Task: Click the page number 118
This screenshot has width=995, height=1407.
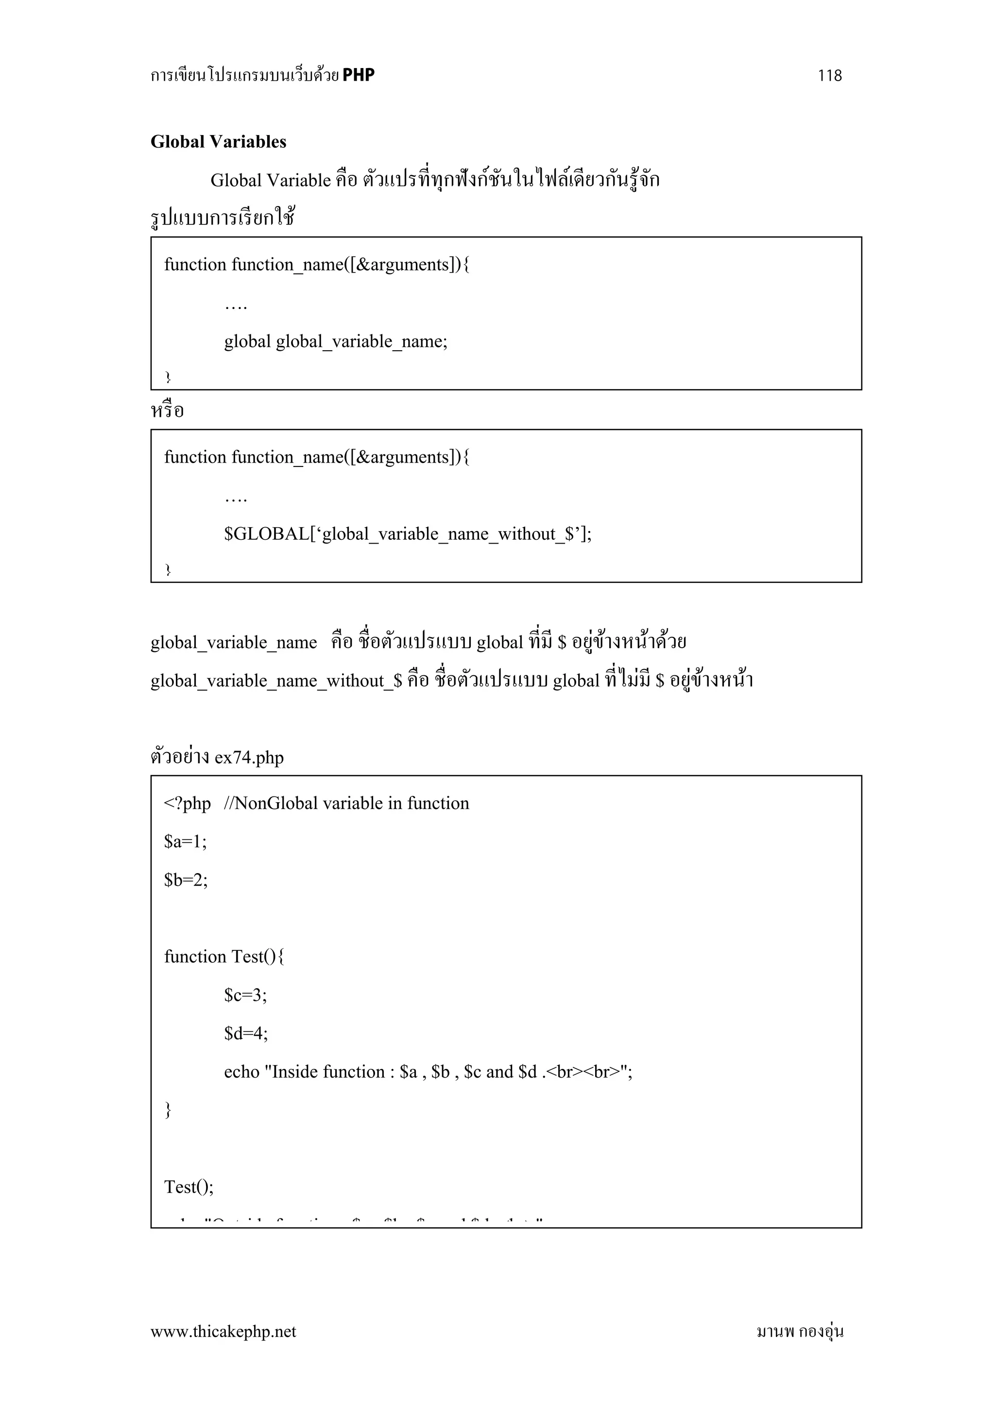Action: click(x=830, y=75)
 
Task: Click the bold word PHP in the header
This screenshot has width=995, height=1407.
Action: click(x=359, y=75)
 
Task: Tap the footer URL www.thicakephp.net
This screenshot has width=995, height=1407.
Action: click(x=223, y=1331)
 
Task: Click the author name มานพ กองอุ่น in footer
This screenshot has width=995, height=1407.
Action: click(x=800, y=1331)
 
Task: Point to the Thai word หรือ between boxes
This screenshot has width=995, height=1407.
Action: click(x=167, y=410)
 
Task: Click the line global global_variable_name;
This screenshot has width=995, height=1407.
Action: click(x=335, y=342)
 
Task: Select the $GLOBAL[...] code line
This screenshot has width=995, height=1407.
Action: click(x=408, y=534)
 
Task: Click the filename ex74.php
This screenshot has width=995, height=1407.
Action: click(x=249, y=757)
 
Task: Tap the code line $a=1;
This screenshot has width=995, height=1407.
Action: click(x=185, y=841)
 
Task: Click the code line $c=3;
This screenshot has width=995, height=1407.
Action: click(x=245, y=995)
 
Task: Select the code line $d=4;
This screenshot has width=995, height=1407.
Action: click(x=246, y=1033)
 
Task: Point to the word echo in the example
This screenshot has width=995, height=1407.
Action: click(x=241, y=1072)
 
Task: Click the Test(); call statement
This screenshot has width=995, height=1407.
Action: click(x=189, y=1187)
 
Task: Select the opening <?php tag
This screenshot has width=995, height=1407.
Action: click(x=187, y=804)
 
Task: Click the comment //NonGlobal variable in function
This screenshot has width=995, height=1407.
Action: click(x=346, y=804)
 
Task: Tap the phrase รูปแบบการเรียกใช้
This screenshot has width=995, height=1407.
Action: click(x=223, y=218)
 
